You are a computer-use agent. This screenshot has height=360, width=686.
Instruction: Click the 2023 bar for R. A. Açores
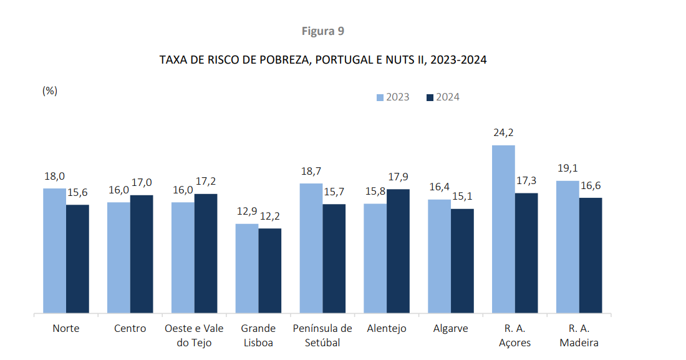pos(503,229)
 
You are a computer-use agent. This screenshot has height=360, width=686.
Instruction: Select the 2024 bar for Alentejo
pos(398,251)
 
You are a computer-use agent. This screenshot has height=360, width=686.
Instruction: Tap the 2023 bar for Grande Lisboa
pos(246,268)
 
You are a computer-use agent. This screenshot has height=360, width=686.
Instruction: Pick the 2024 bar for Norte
pos(77,258)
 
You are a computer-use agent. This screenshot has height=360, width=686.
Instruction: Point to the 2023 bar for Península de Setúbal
pos(311,248)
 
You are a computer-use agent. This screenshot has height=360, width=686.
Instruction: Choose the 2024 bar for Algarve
pos(462,261)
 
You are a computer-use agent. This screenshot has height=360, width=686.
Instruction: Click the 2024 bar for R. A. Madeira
pos(591,255)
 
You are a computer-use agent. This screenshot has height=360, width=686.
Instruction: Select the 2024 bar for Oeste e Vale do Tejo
pos(206,253)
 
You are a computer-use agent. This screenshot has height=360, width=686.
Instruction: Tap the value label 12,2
pos(269,216)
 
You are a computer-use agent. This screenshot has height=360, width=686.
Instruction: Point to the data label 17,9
pos(399,177)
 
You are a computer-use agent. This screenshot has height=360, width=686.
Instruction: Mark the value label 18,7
pos(311,171)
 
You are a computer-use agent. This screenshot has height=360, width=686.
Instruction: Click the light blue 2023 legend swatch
pos(380,97)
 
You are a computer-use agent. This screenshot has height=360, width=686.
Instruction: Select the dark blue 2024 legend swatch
pos(430,97)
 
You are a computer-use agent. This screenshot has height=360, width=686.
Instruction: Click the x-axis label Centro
pos(130,328)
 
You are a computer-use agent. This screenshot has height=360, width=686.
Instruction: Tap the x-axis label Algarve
pos(450,328)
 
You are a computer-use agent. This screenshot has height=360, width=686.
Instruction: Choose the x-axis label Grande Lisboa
pos(258,335)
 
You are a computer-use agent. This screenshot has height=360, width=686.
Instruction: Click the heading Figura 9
pos(323,31)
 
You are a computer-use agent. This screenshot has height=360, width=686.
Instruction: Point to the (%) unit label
pos(50,90)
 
